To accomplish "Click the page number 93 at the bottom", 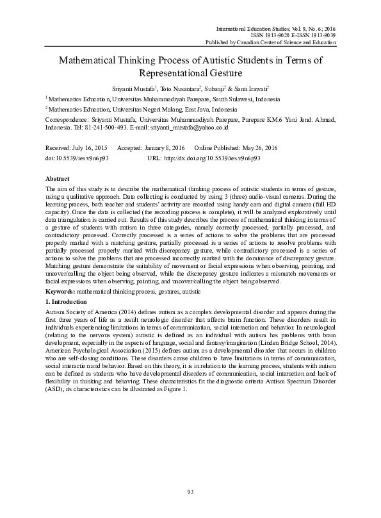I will tap(190, 491).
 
